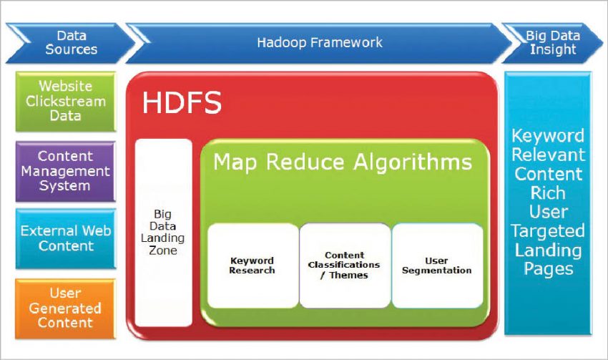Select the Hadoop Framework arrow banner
(x=319, y=42)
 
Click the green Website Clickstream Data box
(x=65, y=101)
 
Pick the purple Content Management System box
(x=65, y=171)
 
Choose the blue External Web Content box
(x=65, y=238)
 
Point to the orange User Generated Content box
(x=65, y=308)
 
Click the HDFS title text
(x=182, y=103)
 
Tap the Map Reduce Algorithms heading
(x=343, y=162)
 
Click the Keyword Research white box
(x=252, y=266)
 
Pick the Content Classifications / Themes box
(x=345, y=266)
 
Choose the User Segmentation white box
(x=437, y=266)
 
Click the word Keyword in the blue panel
(x=548, y=136)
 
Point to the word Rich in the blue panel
(x=548, y=193)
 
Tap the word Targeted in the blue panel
(x=548, y=231)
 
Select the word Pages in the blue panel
(x=548, y=269)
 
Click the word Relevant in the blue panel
(x=548, y=155)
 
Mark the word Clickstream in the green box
(x=65, y=101)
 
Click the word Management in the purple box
(x=65, y=171)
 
